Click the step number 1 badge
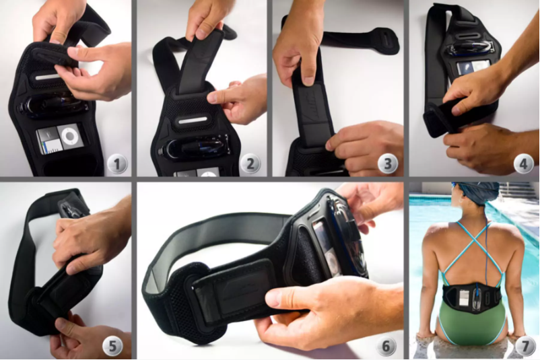pos(117,164)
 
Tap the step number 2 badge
pos(250,164)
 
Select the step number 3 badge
pos(388,164)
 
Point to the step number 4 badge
pos(523,164)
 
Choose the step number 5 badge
pos(112,346)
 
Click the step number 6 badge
pos(386,346)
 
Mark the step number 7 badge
pos(525,346)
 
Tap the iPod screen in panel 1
pos(49,141)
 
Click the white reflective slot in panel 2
pos(193,121)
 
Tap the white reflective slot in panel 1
pos(50,77)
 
